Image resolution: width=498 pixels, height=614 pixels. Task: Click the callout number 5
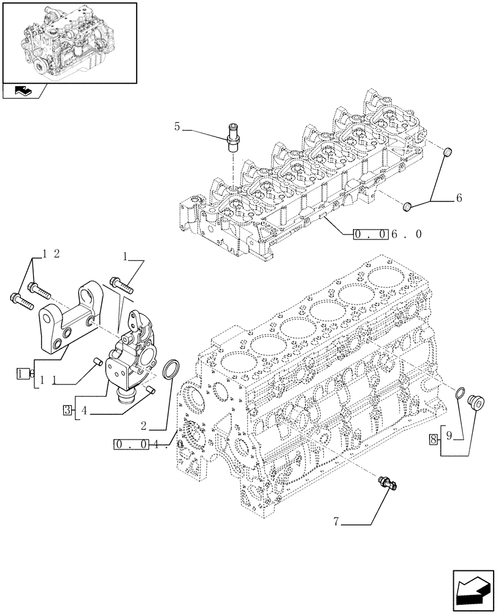[x=177, y=127]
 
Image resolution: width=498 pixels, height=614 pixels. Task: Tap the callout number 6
[x=459, y=198]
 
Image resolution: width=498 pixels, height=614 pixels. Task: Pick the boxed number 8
[x=434, y=438]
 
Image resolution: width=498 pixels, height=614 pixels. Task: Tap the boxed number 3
[x=66, y=410]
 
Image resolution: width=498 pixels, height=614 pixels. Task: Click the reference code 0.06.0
[x=386, y=234]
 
